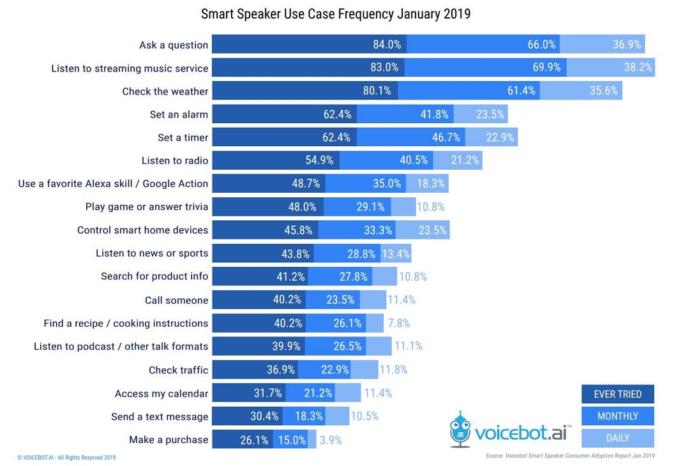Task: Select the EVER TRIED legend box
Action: (x=617, y=394)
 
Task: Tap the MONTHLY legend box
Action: (x=617, y=416)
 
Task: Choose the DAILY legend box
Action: (x=617, y=438)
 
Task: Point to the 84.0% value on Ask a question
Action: (x=387, y=45)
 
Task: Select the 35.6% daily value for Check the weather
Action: (x=603, y=91)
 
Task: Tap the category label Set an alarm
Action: (x=174, y=114)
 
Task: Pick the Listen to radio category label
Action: (x=175, y=160)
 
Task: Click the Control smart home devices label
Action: (x=142, y=230)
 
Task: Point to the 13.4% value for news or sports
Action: (x=396, y=253)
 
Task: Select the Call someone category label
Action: (x=176, y=300)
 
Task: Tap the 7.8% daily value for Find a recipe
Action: (x=398, y=323)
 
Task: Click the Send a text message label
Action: (x=160, y=416)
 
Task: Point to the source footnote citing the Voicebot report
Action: (x=569, y=455)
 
